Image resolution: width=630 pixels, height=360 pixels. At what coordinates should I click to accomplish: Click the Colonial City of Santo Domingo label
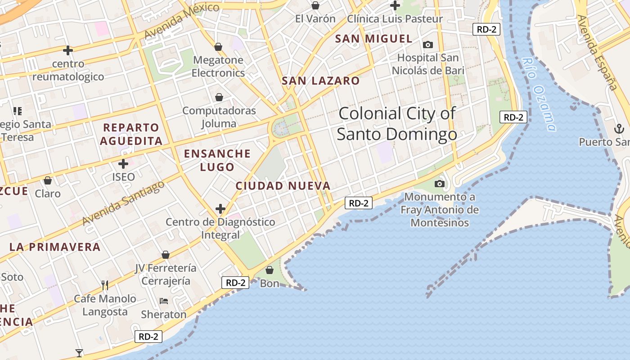(x=397, y=124)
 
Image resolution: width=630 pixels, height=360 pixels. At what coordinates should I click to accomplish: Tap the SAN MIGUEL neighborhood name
(x=373, y=39)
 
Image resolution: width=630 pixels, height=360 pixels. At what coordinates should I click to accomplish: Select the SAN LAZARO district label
(x=320, y=81)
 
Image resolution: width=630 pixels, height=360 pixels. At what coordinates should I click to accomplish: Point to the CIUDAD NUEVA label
(x=283, y=186)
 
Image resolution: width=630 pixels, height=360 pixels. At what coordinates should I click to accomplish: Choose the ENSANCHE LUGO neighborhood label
(x=217, y=160)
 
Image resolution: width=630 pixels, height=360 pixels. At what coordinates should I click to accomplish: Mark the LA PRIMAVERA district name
(x=55, y=247)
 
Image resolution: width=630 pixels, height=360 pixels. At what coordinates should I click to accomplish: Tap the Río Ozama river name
(x=539, y=94)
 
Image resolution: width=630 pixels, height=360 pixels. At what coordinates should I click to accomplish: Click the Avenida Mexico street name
(x=181, y=21)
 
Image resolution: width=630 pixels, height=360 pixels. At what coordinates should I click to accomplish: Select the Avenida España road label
(x=597, y=52)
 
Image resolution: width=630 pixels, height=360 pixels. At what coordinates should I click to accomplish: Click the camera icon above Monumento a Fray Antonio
(x=440, y=184)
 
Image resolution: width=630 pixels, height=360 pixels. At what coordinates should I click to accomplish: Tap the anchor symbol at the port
(x=619, y=130)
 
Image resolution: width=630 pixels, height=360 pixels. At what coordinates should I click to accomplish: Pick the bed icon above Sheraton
(x=164, y=301)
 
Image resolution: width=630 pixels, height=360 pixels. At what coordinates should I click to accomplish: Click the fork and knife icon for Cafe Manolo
(x=105, y=285)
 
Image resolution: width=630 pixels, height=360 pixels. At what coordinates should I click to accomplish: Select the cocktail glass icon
(x=79, y=353)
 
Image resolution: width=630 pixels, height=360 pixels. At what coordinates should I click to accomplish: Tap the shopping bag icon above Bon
(x=270, y=270)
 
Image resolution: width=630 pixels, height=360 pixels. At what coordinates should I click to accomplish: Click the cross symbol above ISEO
(x=123, y=164)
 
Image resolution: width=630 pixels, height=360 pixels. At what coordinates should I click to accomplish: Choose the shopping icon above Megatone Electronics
(x=218, y=47)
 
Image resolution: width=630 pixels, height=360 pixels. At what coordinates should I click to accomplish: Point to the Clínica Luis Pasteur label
(x=395, y=19)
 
